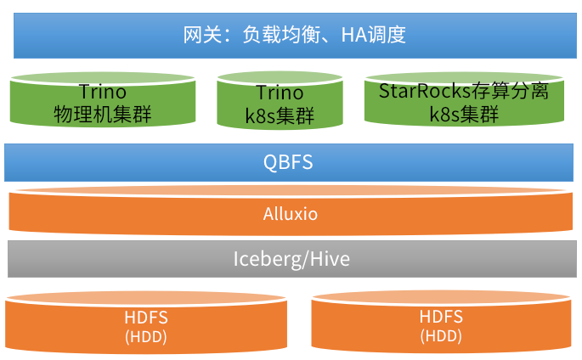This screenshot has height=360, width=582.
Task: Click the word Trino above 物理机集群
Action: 102,92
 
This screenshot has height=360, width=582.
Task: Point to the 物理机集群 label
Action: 102,114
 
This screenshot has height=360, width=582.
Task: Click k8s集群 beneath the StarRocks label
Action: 463,114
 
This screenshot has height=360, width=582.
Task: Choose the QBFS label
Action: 289,162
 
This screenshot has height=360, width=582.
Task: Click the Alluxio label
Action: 290,214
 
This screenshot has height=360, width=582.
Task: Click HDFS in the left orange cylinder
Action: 146,318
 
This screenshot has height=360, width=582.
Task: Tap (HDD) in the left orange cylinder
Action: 146,336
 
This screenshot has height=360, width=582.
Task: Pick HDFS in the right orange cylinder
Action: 441,317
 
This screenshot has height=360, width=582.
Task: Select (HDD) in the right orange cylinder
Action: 441,335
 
